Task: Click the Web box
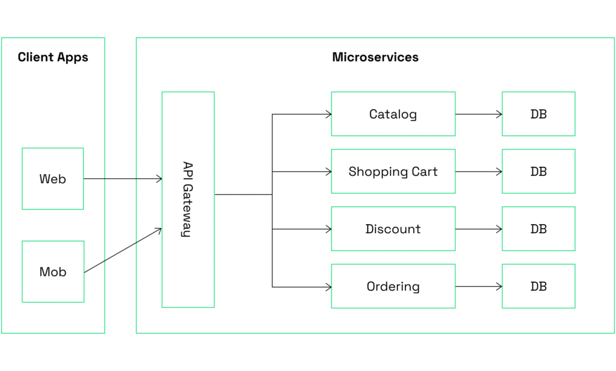[x=52, y=179]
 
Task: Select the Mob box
[x=52, y=272]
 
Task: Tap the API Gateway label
[x=187, y=199]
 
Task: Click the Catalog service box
[x=393, y=114]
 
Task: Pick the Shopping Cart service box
[x=393, y=172]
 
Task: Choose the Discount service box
[x=393, y=229]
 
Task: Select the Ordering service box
[x=393, y=286]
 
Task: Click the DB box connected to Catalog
[x=538, y=114]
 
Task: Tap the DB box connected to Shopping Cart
[x=538, y=172]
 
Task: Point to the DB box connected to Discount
[x=538, y=229]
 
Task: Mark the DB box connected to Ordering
[x=538, y=286]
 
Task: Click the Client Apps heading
[x=53, y=58]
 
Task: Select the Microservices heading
[x=375, y=58]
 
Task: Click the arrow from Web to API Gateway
[x=123, y=179]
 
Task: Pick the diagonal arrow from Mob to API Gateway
[x=123, y=251]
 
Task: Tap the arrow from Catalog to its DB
[x=478, y=114]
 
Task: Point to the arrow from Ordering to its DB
[x=478, y=287]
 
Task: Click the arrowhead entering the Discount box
[x=328, y=229]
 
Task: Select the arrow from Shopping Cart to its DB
[x=478, y=172]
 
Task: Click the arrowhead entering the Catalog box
[x=328, y=114]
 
